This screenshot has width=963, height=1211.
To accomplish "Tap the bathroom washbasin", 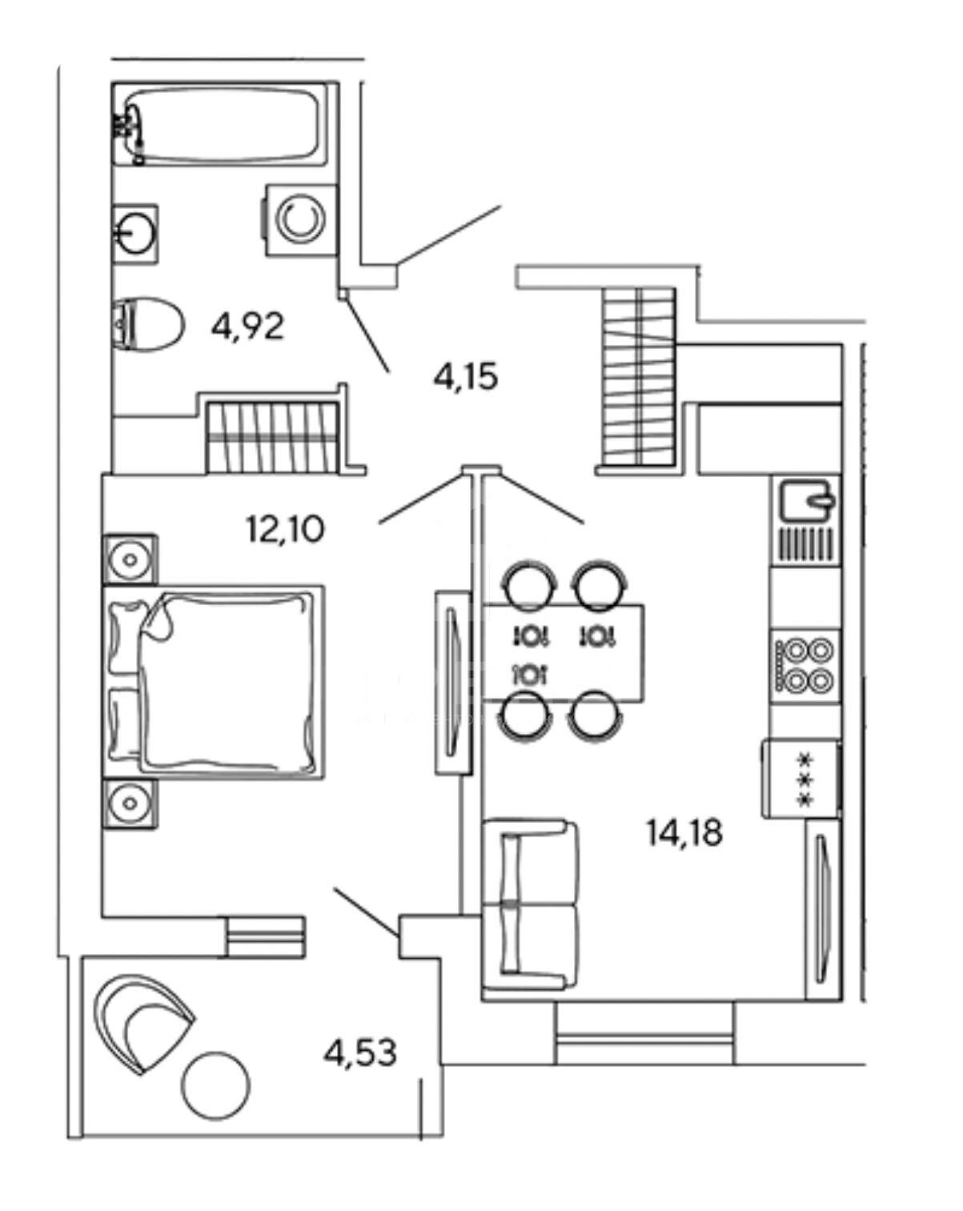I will pyautogui.click(x=134, y=233).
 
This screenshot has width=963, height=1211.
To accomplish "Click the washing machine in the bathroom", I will pyautogui.click(x=299, y=219).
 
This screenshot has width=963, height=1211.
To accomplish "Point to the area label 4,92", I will pyautogui.click(x=248, y=327).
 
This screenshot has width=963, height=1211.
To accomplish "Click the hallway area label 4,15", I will pyautogui.click(x=466, y=375).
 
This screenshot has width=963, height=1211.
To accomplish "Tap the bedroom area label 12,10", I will pyautogui.click(x=285, y=529).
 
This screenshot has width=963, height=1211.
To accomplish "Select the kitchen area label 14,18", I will pyautogui.click(x=684, y=833).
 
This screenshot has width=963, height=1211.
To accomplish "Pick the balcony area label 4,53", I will pyautogui.click(x=360, y=1053).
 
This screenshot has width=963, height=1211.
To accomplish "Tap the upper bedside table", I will pyautogui.click(x=129, y=558).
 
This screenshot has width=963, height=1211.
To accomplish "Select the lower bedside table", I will pyautogui.click(x=129, y=803).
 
